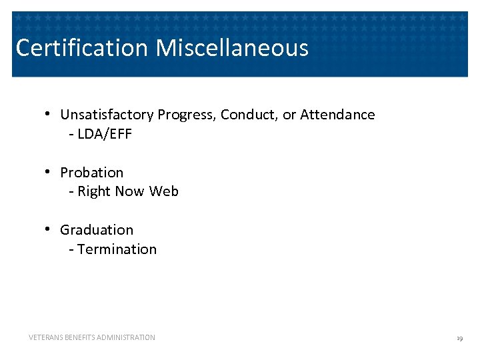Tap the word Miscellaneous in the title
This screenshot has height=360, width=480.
click(x=232, y=48)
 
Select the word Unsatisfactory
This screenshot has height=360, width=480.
click(x=107, y=115)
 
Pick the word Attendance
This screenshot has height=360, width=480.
click(x=337, y=115)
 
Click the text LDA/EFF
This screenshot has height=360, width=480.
click(x=105, y=134)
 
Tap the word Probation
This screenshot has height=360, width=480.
click(x=91, y=173)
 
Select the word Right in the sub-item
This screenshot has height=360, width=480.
click(x=94, y=192)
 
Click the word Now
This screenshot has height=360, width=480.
click(x=129, y=192)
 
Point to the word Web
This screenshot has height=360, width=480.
click(x=164, y=192)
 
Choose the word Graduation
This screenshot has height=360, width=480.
click(x=97, y=230)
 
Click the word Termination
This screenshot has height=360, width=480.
click(x=117, y=249)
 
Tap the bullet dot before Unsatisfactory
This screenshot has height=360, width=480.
click(x=49, y=114)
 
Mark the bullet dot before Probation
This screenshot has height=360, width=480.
click(x=49, y=172)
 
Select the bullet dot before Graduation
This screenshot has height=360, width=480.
click(x=49, y=229)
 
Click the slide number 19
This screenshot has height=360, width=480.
click(x=459, y=339)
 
